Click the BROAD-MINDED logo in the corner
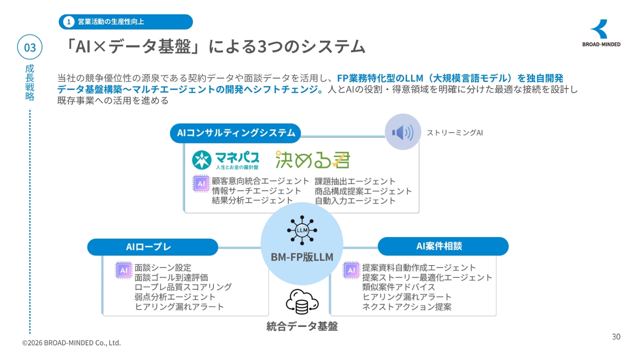[x=601, y=33]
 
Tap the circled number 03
[x=29, y=47]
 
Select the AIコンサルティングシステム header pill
[x=235, y=133]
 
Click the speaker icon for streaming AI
[x=403, y=132]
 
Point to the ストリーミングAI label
[x=454, y=132]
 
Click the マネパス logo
[x=225, y=160]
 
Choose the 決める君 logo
[x=312, y=159]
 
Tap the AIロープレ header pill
[x=152, y=247]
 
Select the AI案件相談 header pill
[x=443, y=246]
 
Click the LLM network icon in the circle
[x=302, y=230]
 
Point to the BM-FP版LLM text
[x=302, y=257]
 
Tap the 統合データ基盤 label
[x=302, y=326]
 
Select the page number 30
[x=616, y=336]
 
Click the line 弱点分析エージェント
[x=175, y=297]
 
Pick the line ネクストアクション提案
[x=407, y=307]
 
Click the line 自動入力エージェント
[x=355, y=201]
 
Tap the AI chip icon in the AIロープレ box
[x=123, y=270]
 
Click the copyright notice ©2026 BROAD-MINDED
[x=71, y=343]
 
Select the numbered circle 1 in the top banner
[x=68, y=21]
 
